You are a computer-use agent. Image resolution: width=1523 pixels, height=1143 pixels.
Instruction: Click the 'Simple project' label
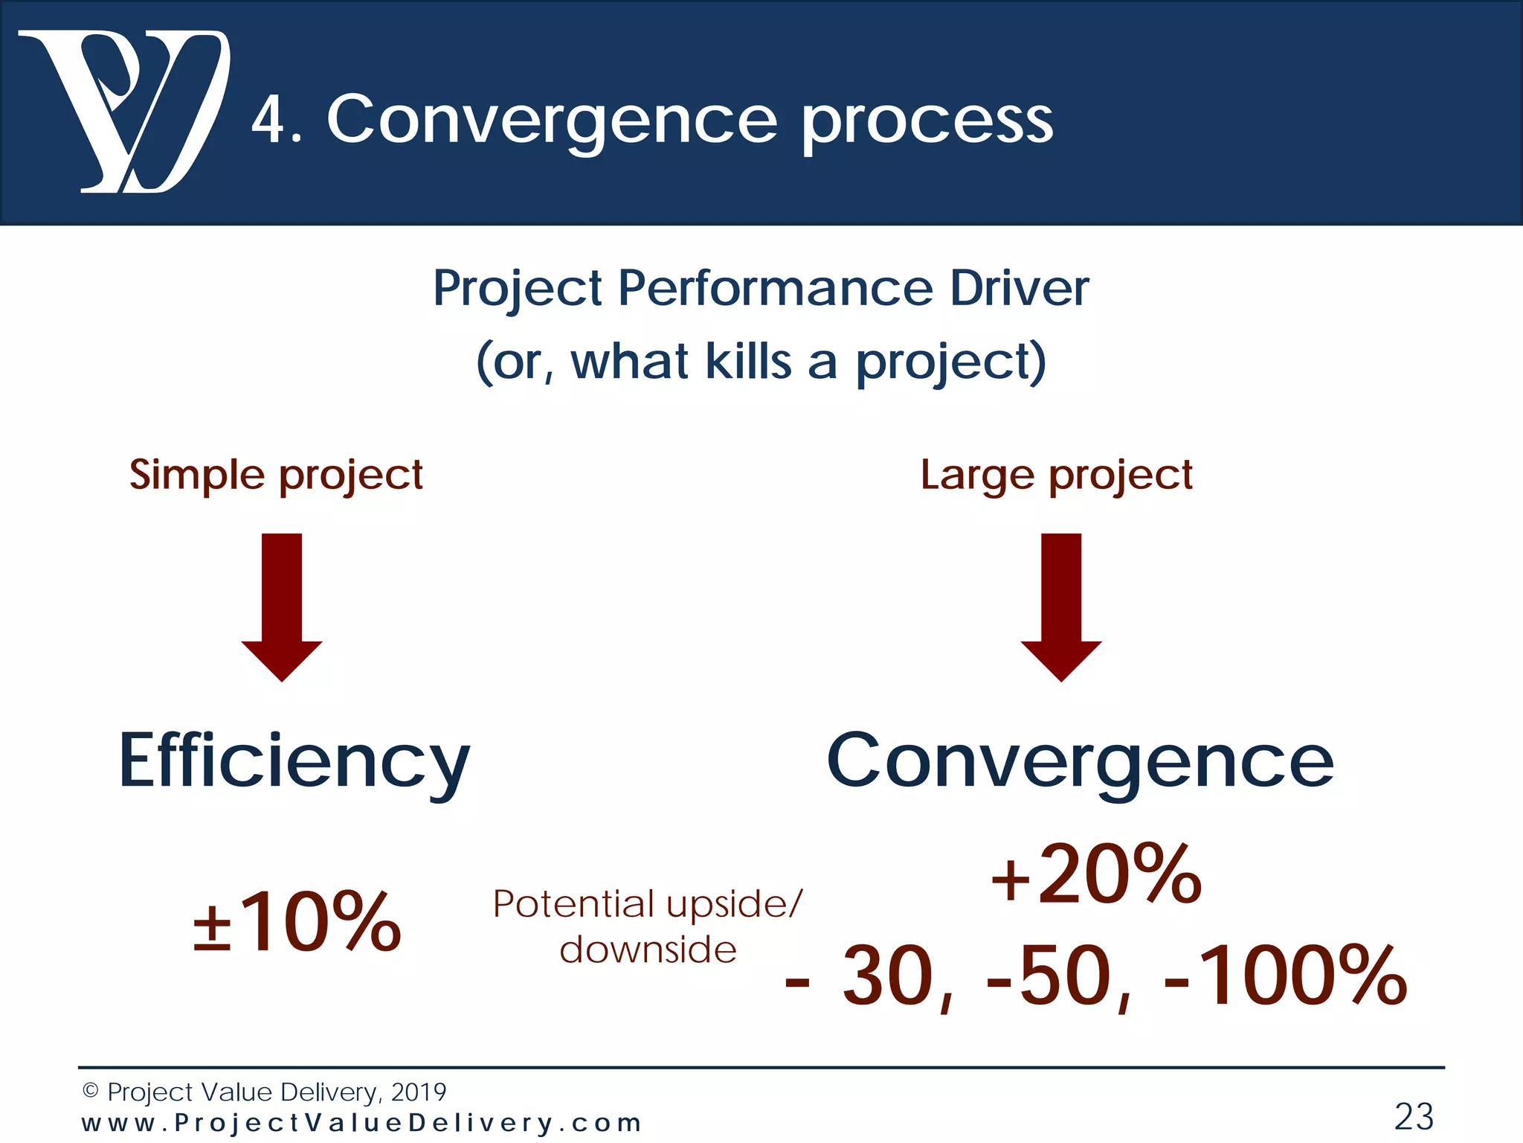(276, 475)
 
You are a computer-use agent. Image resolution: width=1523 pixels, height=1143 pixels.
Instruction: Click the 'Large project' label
(1056, 475)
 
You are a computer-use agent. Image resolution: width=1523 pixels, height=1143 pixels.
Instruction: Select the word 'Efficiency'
(294, 762)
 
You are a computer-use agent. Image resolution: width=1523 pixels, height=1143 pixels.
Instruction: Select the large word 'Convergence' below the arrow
(1080, 761)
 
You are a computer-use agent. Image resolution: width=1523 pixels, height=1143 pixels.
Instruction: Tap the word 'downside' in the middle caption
(648, 950)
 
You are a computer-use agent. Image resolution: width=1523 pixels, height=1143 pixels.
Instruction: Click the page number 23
(1414, 1116)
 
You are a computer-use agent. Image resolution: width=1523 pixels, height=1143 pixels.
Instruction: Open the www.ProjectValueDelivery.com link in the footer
(361, 1123)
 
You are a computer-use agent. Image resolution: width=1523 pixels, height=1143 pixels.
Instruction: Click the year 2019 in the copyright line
(418, 1092)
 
